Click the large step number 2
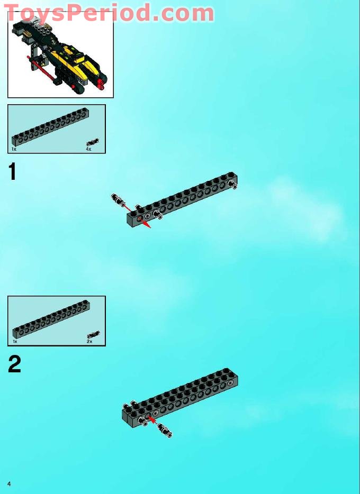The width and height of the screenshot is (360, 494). (14, 364)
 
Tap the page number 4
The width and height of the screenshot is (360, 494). (9, 483)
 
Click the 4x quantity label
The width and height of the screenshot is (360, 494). (88, 150)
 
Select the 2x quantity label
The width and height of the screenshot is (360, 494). (89, 342)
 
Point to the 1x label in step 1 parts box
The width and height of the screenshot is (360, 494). (14, 150)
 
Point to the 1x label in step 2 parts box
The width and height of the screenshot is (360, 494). (15, 342)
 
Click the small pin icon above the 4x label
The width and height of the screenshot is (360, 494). (93, 142)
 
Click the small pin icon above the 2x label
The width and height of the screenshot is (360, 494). (93, 334)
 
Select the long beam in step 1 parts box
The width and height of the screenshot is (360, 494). (50, 127)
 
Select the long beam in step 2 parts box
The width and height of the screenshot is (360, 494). (51, 319)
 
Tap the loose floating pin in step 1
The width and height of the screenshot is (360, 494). (117, 200)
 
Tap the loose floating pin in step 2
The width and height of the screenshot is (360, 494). (166, 431)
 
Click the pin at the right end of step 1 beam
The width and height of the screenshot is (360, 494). (233, 185)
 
